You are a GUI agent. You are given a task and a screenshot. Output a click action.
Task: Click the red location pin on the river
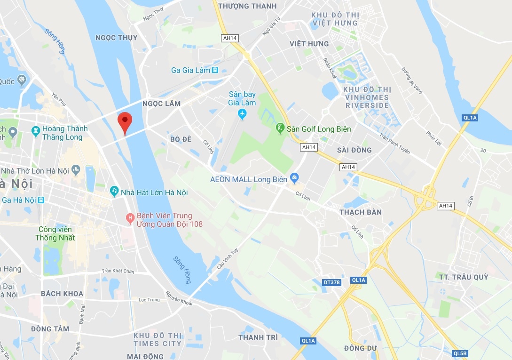pyautogui.click(x=125, y=122)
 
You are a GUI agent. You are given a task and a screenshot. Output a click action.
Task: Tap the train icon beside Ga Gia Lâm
pyautogui.click(x=215, y=70)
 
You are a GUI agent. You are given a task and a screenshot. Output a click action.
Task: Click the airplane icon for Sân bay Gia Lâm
pyautogui.click(x=242, y=114)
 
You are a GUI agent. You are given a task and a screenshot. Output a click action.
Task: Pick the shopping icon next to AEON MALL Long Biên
pyautogui.click(x=294, y=179)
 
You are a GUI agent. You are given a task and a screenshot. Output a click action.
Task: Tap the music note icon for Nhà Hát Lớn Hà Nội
pyautogui.click(x=114, y=191)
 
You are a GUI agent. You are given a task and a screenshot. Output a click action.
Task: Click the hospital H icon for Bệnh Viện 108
pyautogui.click(x=130, y=217)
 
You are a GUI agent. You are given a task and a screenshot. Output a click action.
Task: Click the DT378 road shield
pyautogui.click(x=332, y=282)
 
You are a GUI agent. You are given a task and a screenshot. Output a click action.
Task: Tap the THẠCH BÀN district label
pyautogui.click(x=361, y=212)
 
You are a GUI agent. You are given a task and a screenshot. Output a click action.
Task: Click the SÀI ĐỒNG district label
pyautogui.click(x=354, y=150)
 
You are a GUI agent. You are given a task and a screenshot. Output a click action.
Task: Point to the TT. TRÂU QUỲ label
pyautogui.click(x=464, y=277)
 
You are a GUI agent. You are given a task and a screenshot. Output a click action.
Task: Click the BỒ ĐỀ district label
pyautogui.click(x=181, y=139)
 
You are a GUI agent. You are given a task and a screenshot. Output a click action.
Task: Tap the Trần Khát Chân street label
pyautogui.click(x=118, y=271)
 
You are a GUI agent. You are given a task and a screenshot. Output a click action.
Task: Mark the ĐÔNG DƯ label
pyautogui.click(x=361, y=348)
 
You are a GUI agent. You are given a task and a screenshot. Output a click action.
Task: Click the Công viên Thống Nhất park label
pyautogui.click(x=55, y=233)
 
